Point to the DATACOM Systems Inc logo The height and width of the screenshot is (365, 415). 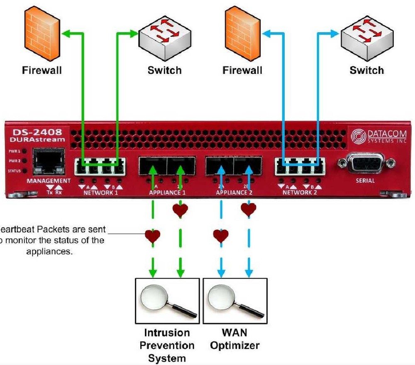(x=378, y=136)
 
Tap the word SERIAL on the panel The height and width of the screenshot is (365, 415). (x=365, y=181)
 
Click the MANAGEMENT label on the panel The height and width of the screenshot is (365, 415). (x=49, y=181)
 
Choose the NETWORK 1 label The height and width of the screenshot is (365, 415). (x=101, y=193)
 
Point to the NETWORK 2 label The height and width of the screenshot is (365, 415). (x=300, y=193)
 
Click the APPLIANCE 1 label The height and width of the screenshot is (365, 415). (x=167, y=193)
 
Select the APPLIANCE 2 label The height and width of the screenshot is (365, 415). (x=234, y=193)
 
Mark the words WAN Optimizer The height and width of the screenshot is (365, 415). (x=234, y=339)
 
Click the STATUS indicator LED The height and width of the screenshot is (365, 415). (x=25, y=171)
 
